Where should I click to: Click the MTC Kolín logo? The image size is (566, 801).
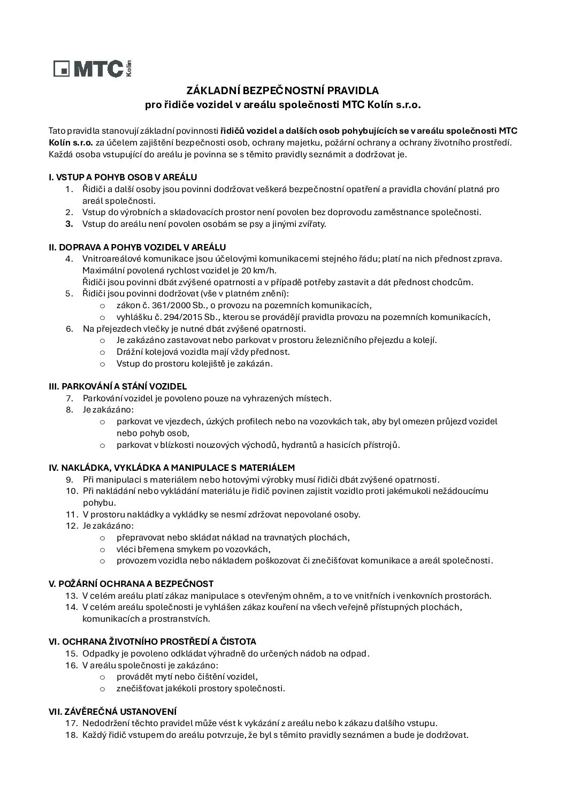92,68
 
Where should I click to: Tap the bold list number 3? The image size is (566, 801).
69,224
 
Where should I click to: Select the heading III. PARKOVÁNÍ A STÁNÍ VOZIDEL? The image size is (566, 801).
118,386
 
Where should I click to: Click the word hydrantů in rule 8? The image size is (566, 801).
300,445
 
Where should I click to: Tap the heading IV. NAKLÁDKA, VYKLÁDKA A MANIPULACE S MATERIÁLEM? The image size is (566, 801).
172,468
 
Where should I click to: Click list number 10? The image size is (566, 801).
72,491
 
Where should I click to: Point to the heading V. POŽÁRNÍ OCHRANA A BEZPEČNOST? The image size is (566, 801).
131,584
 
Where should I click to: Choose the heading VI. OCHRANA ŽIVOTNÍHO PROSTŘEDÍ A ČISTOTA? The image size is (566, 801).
152,642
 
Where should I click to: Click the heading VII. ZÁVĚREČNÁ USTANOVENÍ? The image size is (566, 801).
112,712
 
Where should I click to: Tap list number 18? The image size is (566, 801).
72,735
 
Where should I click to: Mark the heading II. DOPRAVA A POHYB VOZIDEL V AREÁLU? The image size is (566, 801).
137,247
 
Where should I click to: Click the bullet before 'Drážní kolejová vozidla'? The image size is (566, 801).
102,352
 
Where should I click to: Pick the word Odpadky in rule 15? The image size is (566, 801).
99,653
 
